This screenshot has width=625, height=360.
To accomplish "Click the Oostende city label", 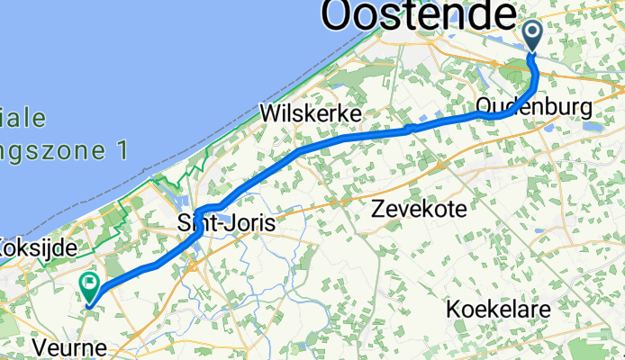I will point(421,16).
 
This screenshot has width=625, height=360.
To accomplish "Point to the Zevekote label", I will point(420,210).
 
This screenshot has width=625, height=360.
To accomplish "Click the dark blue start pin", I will point(532,36).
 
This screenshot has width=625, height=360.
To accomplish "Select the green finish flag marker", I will point(90,286).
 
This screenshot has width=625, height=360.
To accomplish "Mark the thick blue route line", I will point(351,139).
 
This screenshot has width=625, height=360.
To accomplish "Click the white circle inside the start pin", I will point(532,32).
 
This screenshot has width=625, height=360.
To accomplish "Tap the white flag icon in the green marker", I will point(90,283).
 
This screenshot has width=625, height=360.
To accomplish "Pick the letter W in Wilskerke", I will point(268,114).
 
